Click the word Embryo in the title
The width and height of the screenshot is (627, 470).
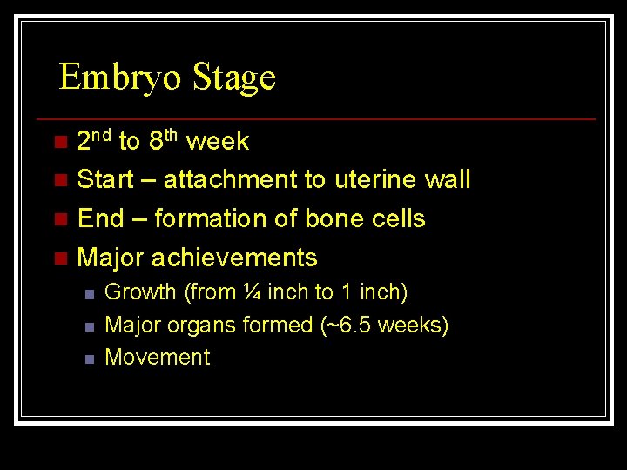121,78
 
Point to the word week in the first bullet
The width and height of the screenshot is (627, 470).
218,141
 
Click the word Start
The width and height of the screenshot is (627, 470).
105,180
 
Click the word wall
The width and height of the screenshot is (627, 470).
447,180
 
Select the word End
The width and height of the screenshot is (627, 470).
101,219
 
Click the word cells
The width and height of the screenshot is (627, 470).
396,219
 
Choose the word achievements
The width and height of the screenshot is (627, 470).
234,258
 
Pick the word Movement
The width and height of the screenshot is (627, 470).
158,358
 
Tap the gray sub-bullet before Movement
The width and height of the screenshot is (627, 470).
89,359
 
